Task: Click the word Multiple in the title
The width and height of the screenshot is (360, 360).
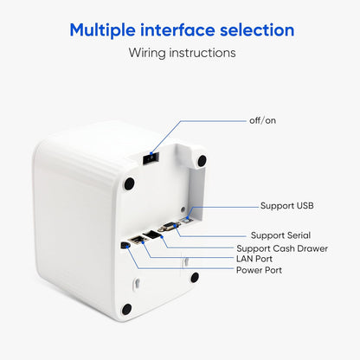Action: [x=102, y=30]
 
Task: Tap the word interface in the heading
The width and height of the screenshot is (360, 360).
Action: [x=177, y=29]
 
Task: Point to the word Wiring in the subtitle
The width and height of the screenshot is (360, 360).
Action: [x=147, y=53]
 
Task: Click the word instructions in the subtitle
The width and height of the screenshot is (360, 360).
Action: [x=202, y=53]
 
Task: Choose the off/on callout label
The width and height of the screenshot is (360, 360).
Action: [x=262, y=120]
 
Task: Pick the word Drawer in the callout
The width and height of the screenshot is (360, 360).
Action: [x=312, y=248]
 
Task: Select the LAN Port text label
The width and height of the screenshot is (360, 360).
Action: [x=254, y=259]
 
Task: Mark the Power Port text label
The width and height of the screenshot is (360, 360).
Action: [x=259, y=270]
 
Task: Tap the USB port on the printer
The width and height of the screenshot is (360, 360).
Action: [x=187, y=221]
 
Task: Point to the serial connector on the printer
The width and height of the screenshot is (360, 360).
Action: [x=168, y=227]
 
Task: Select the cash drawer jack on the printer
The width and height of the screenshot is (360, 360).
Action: [x=152, y=235]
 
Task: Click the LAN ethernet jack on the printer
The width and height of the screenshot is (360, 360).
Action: [x=137, y=240]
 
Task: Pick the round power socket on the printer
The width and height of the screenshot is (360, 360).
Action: [x=125, y=245]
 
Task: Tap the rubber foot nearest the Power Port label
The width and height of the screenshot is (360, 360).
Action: [x=195, y=278]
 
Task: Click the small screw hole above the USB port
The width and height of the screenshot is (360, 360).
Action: [x=183, y=209]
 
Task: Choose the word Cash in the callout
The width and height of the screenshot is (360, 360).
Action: [x=284, y=248]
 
